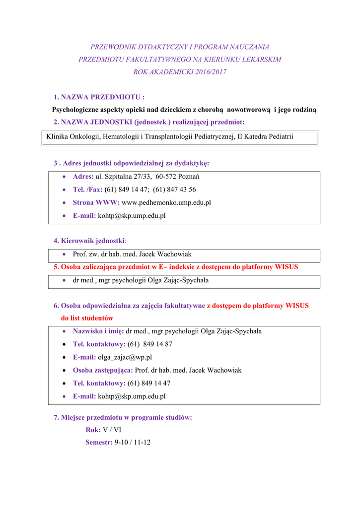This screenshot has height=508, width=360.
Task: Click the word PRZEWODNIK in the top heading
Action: (112, 47)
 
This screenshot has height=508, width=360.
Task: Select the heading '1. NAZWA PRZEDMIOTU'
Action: (99, 97)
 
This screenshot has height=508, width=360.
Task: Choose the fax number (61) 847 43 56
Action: (174, 190)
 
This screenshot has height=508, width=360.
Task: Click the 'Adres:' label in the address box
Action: (83, 177)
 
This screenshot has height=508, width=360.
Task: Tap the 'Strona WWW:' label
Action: (96, 202)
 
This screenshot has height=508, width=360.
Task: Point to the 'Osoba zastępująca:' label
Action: (103, 370)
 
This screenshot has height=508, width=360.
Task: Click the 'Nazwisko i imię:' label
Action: (98, 331)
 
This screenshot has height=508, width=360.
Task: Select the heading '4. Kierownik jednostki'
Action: (89, 241)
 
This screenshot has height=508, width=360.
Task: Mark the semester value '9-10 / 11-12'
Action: (132, 442)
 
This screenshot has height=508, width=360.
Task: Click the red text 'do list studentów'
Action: (87, 318)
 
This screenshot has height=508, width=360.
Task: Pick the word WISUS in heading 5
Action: (288, 267)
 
